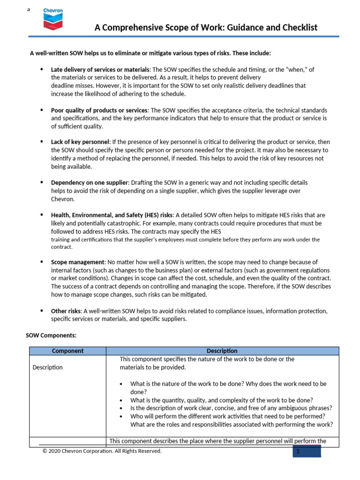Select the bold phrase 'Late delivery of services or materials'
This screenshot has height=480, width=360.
point(101,69)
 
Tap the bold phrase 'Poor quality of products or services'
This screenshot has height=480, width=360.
point(99,110)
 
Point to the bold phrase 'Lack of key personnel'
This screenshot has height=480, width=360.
point(80,142)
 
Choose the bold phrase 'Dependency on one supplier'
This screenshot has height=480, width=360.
point(89,182)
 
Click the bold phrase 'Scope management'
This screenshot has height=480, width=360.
point(77,262)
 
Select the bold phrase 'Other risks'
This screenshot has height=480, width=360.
point(66,311)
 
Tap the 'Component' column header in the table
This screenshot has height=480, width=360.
point(67,351)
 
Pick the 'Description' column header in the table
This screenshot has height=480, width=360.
point(222,351)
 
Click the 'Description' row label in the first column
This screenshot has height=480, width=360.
point(47,367)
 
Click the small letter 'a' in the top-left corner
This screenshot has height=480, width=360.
point(29,9)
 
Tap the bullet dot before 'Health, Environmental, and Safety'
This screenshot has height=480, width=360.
point(41,215)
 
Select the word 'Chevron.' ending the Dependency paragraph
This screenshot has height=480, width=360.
point(62,199)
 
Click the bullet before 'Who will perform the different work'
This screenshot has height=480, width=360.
point(121,416)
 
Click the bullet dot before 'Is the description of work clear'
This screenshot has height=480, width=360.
point(121,408)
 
